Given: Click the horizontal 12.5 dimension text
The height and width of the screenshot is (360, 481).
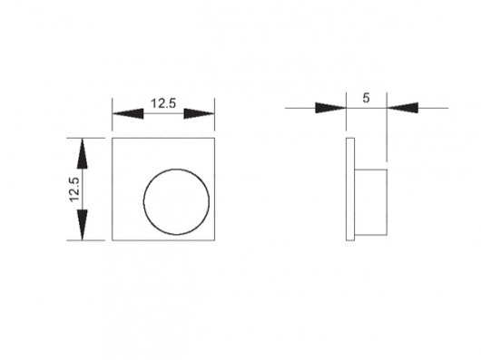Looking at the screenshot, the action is (163, 103).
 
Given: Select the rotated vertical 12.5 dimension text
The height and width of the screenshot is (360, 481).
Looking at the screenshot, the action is (74, 190).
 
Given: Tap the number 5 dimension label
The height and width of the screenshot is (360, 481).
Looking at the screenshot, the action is (366, 98).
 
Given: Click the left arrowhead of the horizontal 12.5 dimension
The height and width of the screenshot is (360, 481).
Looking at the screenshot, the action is (128, 113).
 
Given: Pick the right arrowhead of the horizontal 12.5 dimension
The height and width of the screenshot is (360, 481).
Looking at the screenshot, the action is (199, 113).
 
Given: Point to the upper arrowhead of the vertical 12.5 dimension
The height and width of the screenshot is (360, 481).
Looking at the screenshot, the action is (83, 153).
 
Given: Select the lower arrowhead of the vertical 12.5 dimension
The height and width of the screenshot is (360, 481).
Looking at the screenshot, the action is (83, 225).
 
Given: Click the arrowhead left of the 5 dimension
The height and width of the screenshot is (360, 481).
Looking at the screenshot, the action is (330, 108).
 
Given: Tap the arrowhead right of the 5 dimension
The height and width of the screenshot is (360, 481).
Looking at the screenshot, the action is (402, 108).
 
